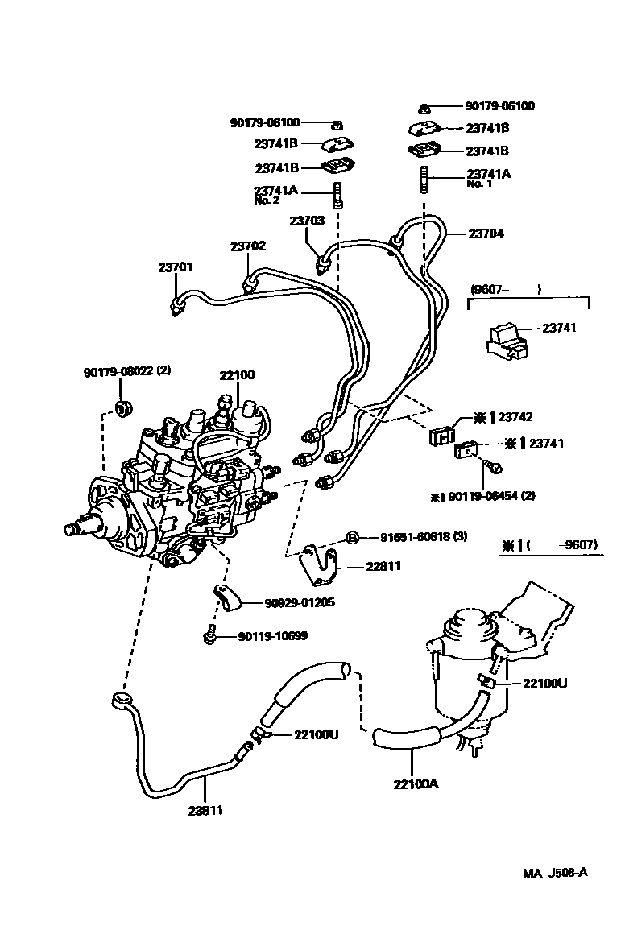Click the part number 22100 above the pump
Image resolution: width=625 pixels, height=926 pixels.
(237, 375)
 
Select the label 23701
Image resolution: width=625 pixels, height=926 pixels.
(174, 268)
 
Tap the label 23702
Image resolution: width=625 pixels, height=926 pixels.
(247, 246)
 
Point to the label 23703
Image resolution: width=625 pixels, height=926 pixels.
(307, 220)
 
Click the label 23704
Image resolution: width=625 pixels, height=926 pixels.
(486, 234)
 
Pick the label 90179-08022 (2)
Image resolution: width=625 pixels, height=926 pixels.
(127, 371)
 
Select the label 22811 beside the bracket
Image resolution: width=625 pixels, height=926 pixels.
(383, 566)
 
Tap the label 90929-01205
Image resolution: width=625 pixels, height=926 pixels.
(299, 602)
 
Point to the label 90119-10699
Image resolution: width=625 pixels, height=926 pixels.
(273, 637)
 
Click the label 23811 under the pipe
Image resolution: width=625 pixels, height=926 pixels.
(205, 811)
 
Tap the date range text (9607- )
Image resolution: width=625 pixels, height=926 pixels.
(504, 288)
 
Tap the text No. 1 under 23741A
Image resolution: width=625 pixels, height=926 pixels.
(479, 184)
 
